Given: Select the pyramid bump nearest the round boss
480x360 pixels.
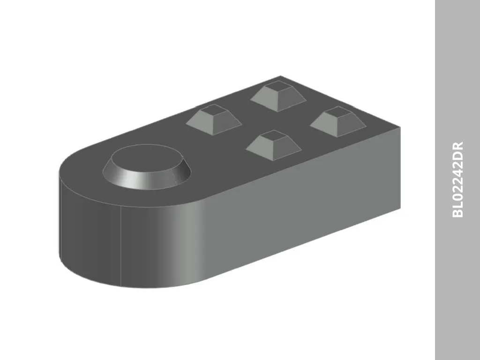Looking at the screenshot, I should tap(214, 120).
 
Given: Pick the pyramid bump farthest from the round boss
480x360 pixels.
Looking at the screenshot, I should tap(337, 121).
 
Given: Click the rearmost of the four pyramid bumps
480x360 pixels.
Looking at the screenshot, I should tap(277, 96).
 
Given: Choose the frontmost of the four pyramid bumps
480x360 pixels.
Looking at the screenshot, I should tap(274, 145).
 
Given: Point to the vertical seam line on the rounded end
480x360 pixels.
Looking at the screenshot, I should tap(121, 244).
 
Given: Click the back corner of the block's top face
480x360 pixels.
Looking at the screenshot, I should tap(280, 76).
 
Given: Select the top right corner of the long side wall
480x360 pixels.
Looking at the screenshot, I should tap(400, 127).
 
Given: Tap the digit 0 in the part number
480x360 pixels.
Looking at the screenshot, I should tap(457, 197).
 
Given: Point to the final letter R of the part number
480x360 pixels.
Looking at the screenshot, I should tap(457, 146).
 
